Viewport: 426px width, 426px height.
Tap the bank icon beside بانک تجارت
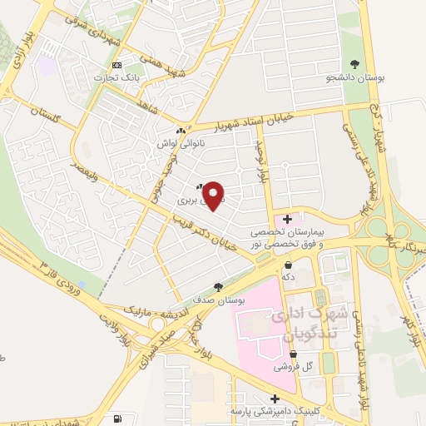pos(116,65)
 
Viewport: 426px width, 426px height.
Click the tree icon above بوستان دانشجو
pos(356,63)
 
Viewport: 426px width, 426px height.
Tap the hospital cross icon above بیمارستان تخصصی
pos(288,218)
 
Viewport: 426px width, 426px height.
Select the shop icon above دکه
pos(288,264)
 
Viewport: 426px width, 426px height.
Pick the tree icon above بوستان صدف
pos(218,286)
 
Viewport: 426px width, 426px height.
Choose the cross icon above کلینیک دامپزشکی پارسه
pos(275,399)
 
